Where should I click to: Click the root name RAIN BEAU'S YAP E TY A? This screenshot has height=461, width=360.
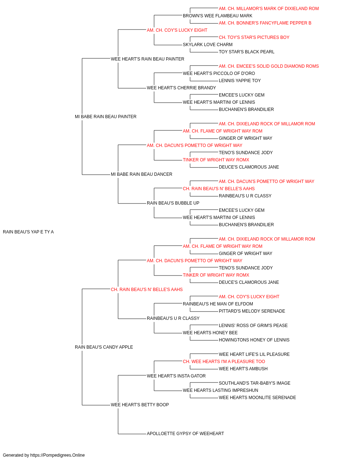[x=28, y=232]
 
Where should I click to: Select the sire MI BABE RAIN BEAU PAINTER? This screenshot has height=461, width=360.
[x=105, y=116]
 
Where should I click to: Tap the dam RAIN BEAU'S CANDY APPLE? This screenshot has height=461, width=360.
[x=104, y=347]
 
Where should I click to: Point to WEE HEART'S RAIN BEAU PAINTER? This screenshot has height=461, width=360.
[x=147, y=59]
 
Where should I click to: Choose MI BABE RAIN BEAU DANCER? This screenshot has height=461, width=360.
[x=141, y=174]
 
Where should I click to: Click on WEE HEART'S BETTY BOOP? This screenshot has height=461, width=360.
[x=140, y=405]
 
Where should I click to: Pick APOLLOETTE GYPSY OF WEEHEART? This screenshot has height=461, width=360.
[x=185, y=434]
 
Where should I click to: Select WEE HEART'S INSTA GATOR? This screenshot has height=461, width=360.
[x=176, y=376]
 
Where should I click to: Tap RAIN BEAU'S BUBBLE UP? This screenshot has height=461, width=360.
[x=173, y=203]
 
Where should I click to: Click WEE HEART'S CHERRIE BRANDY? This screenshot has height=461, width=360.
[x=181, y=88]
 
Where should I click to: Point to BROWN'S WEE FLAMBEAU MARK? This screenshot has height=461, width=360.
[x=217, y=16]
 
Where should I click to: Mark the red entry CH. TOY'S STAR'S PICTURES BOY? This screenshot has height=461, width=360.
[x=254, y=37]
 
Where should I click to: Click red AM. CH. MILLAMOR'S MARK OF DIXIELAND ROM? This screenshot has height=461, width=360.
[x=269, y=9]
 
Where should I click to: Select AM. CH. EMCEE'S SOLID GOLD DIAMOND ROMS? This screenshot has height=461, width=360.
[x=269, y=66]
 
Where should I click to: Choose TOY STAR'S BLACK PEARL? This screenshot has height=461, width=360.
[x=247, y=52]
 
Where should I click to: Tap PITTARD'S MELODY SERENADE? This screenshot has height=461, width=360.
[x=252, y=311]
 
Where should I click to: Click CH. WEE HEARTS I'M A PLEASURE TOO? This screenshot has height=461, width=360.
[x=224, y=362]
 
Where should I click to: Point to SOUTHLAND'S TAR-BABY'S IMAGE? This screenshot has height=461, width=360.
[x=255, y=383]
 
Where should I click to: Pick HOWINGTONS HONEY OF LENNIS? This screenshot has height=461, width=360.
[x=254, y=340]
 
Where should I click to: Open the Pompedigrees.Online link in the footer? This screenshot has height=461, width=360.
[x=58, y=455]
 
